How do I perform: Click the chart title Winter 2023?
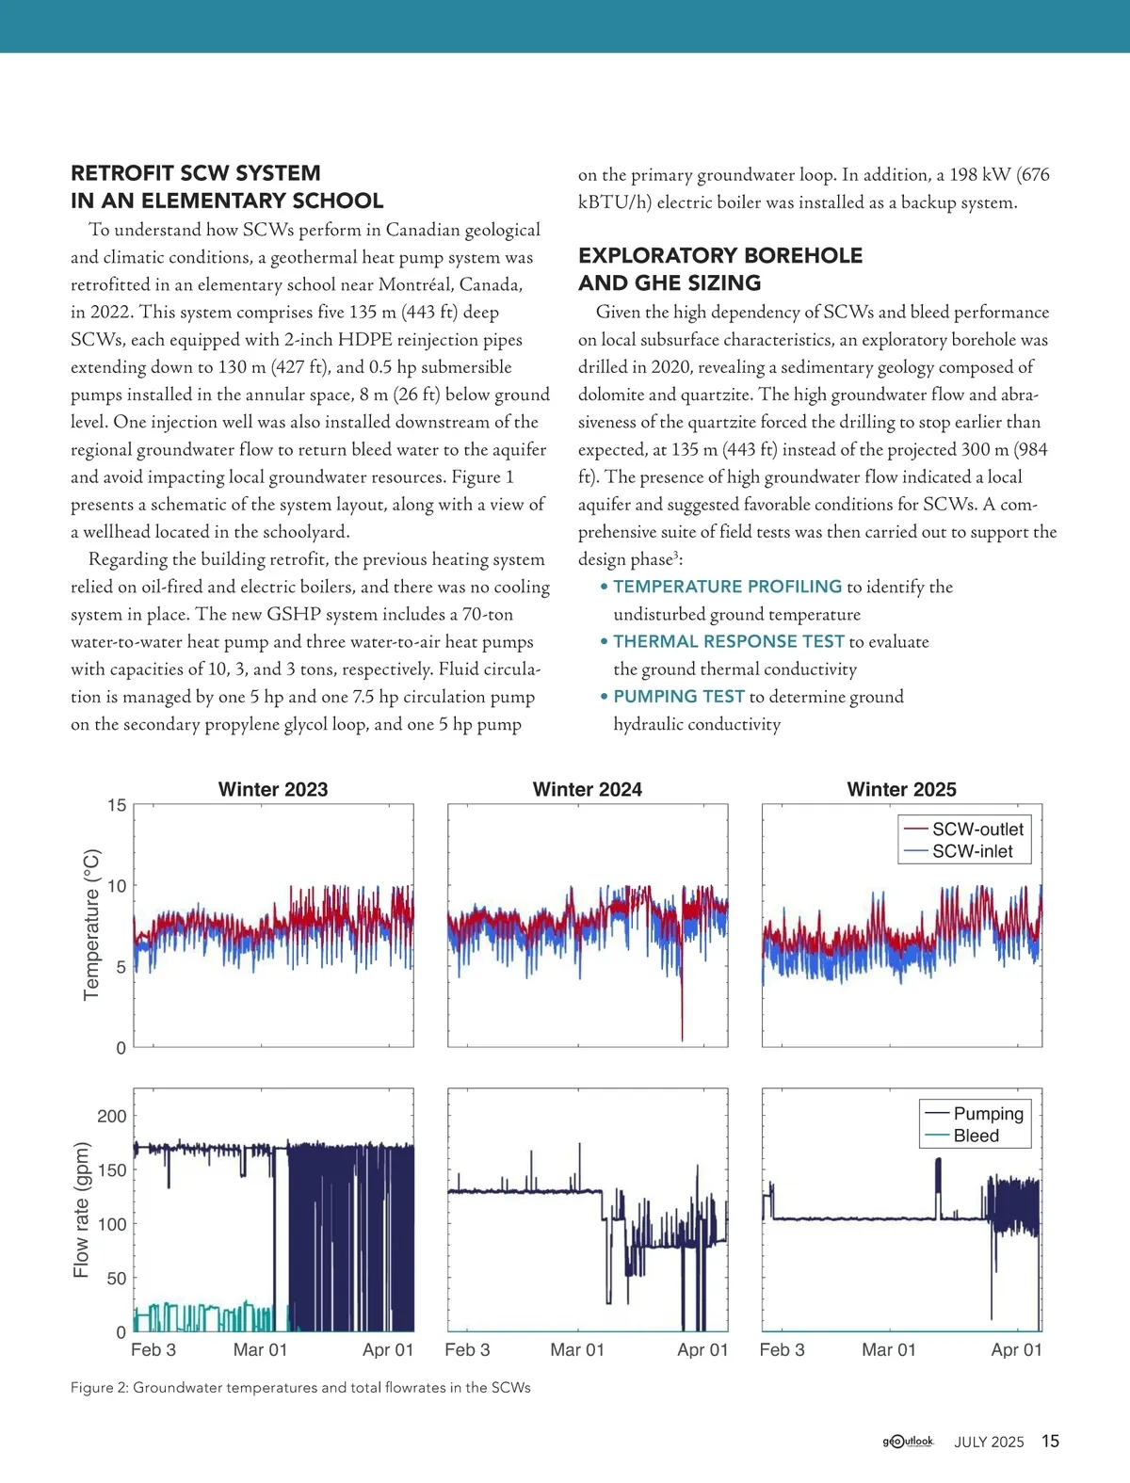point(273,789)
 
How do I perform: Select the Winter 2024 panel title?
point(588,789)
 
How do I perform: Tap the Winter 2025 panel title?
point(901,789)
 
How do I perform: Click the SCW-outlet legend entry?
point(977,830)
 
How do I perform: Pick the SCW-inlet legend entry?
point(972,851)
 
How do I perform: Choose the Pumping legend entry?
point(987,1114)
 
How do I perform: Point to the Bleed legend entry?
point(976,1136)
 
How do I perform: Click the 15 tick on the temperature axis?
point(117,805)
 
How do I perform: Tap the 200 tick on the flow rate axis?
point(112,1116)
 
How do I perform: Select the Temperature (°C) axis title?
point(91,925)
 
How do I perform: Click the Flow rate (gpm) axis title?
point(82,1210)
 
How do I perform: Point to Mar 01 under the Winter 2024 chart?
point(577,1349)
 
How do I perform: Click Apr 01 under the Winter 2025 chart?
point(1016,1349)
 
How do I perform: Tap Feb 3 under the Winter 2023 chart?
point(153,1349)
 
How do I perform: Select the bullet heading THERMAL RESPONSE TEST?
point(729,641)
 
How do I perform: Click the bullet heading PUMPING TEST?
point(679,697)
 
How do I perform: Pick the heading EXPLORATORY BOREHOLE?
point(720,255)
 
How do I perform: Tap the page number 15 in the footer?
point(1050,1441)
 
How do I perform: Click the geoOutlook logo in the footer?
point(908,1441)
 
